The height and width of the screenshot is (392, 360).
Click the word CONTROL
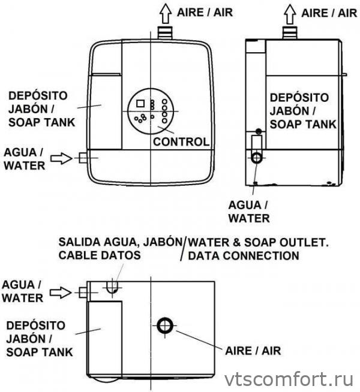pos(181,142)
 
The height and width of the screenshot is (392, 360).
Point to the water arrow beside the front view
pos(61,158)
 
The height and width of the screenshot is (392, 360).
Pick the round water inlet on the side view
pos(258,158)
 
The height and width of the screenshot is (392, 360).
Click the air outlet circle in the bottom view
pos(165,326)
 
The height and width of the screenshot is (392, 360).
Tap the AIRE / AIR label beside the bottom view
pos(251,349)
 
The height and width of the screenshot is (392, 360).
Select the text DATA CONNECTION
pos(243,256)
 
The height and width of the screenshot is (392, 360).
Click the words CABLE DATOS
pos(100,256)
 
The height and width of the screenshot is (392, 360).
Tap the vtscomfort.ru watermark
pos(288,379)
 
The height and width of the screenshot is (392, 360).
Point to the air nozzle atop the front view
pos(165,34)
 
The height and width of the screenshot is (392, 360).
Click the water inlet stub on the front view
pos(83,158)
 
